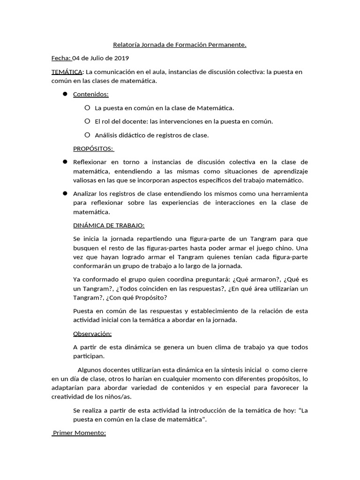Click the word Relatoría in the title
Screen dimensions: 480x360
coord(127,45)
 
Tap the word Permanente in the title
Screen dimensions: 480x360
coord(229,45)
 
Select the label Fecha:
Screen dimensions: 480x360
coord(61,58)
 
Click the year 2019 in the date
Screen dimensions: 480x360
coord(121,58)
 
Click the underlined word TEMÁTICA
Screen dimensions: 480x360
coord(67,72)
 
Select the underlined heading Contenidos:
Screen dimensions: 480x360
coord(90,94)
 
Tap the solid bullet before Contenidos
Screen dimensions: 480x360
coord(65,94)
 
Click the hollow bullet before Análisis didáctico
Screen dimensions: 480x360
coord(87,135)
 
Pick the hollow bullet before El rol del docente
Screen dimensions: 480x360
coord(87,121)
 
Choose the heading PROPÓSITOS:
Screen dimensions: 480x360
coord(93,149)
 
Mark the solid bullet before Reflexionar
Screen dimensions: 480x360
coord(65,162)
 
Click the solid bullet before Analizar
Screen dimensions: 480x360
coord(65,193)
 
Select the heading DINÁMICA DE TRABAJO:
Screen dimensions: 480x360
coord(109,225)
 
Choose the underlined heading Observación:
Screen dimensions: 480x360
coord(92,334)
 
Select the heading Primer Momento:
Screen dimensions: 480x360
coord(79,433)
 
